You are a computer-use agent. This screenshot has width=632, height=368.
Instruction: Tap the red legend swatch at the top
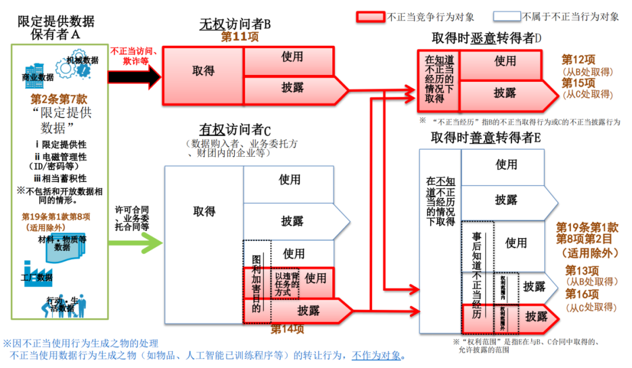click(x=370, y=17)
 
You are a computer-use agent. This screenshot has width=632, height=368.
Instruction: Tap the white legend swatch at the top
click(x=507, y=17)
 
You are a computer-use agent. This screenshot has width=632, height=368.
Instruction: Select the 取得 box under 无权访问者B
click(x=203, y=71)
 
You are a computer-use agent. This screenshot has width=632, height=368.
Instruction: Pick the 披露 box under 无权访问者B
click(x=293, y=88)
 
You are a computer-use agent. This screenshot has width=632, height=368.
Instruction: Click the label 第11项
click(x=239, y=37)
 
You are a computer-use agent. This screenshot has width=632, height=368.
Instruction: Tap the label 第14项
click(x=287, y=329)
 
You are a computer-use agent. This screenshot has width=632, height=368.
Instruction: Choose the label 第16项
click(x=582, y=294)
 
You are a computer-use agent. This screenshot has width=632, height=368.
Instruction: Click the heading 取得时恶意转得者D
click(x=486, y=38)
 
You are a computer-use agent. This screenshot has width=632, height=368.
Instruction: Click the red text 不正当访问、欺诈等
click(x=131, y=56)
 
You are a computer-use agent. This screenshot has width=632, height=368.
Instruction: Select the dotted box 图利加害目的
click(x=256, y=281)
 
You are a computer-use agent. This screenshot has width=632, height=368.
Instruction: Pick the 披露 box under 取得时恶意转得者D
click(x=504, y=93)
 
